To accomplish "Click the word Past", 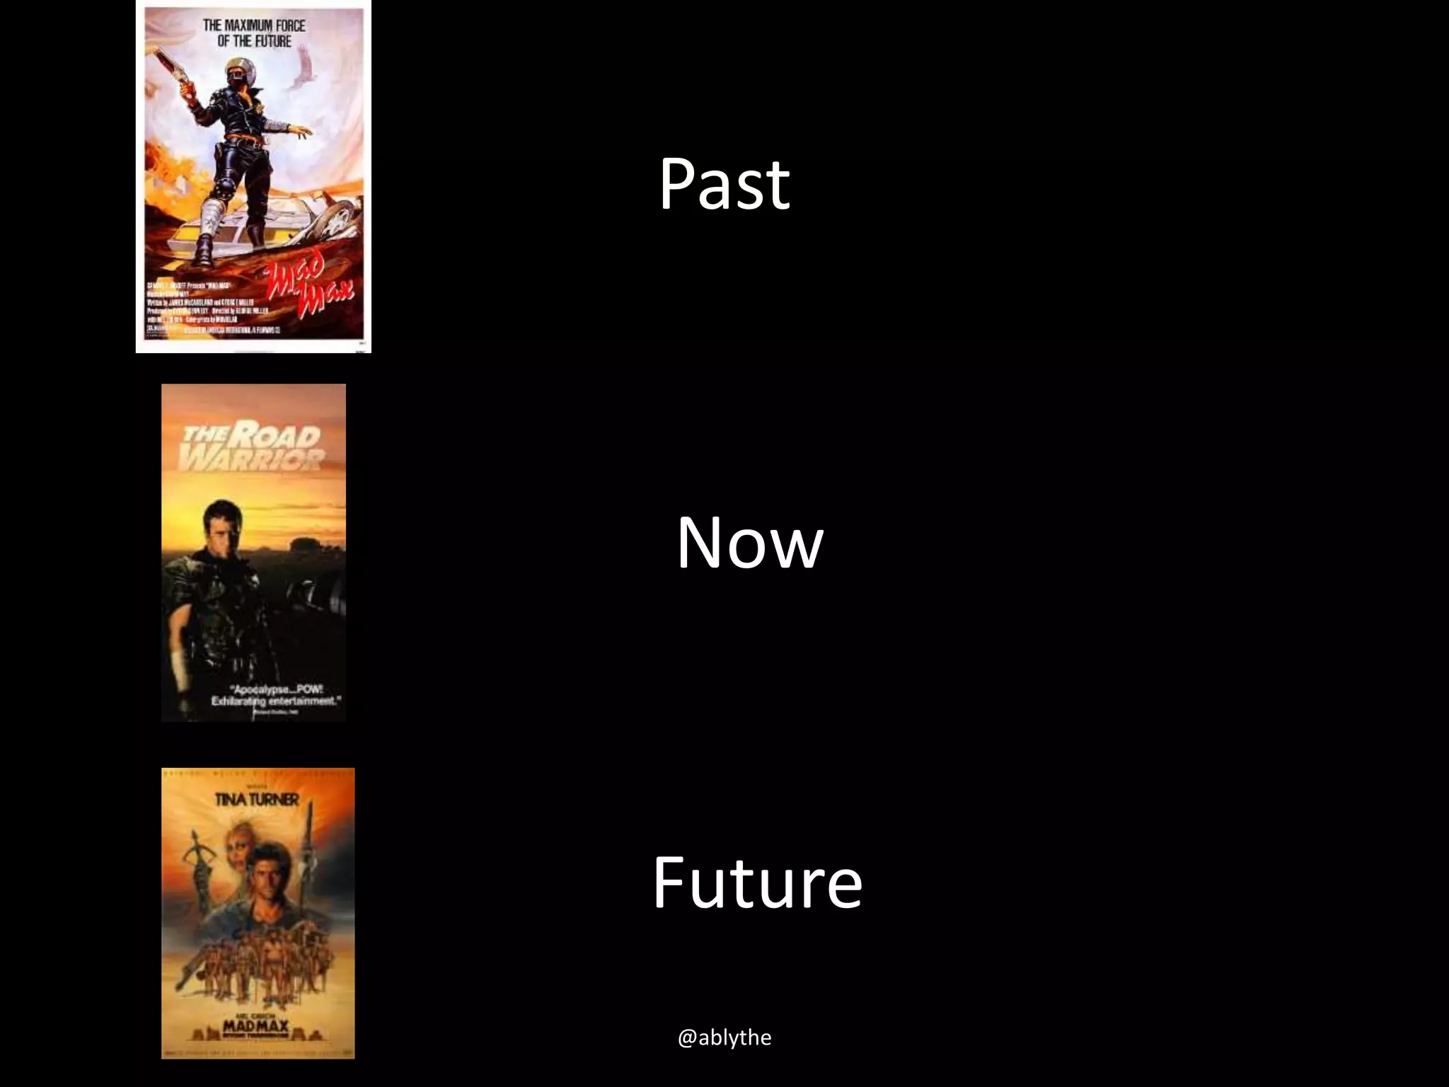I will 724,184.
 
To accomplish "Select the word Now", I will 750,543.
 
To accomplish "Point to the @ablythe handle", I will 724,1037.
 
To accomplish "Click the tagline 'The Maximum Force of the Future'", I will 254,33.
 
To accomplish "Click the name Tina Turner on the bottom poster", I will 257,800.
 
